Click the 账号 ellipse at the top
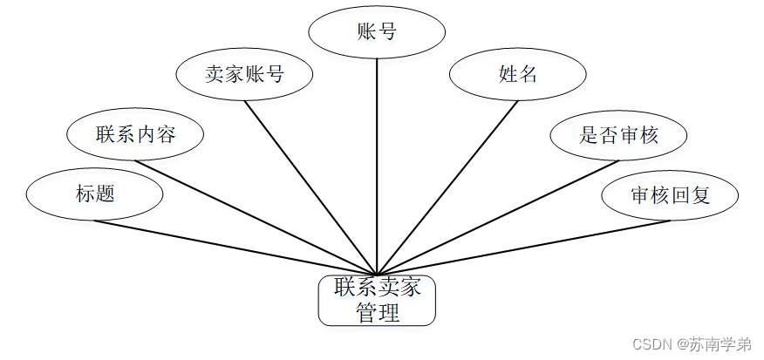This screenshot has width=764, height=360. pos(377,32)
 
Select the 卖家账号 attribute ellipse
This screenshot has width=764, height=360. pos(244,74)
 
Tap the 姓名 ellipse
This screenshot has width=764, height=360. pos(517,74)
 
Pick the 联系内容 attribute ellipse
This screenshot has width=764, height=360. pos(135,134)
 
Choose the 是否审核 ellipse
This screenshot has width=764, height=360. pos(618,134)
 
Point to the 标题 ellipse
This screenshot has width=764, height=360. pos(95,194)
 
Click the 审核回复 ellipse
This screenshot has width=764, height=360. pos(670,194)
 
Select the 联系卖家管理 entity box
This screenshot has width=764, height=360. pos(377,301)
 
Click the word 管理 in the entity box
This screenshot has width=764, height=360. pos(377,313)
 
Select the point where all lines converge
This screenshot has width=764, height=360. pos(377,274)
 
